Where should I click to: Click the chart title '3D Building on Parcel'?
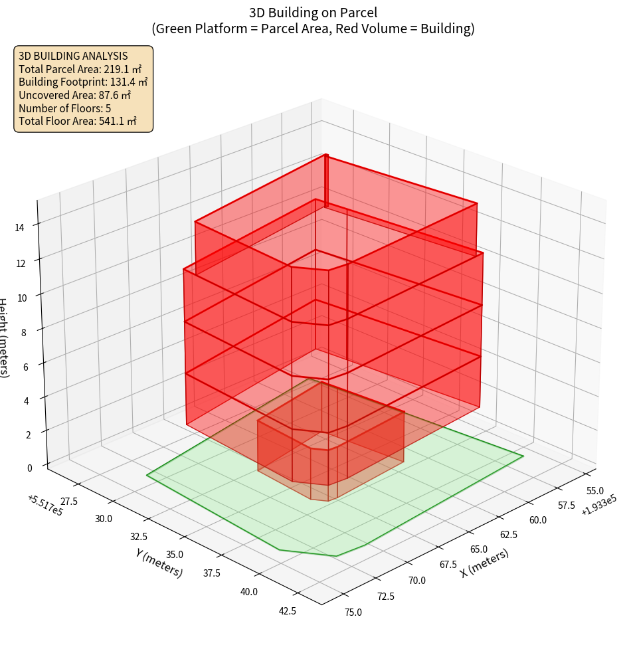coord(313,12)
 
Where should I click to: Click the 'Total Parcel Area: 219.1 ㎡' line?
coord(80,69)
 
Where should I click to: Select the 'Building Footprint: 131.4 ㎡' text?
coord(83,82)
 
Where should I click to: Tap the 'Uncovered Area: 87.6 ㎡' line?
coord(76,95)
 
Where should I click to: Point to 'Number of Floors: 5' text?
coord(64,108)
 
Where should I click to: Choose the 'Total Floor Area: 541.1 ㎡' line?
coord(78,121)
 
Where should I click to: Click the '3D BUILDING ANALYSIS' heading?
coord(73,56)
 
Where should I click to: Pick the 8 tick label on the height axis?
coord(24,331)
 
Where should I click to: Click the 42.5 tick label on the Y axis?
coord(287,611)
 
